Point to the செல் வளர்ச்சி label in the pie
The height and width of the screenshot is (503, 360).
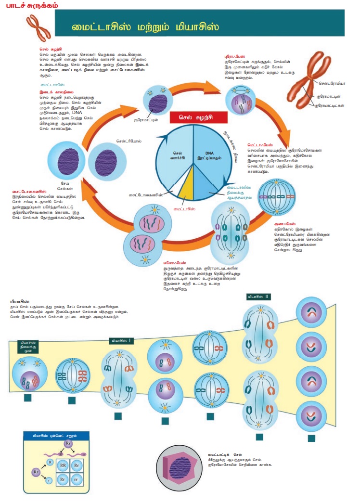pyautogui.click(x=172, y=155)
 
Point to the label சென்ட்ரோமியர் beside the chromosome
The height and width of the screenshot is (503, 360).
pyautogui.click(x=332, y=83)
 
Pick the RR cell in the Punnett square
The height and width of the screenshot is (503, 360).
pyautogui.click(x=63, y=466)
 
